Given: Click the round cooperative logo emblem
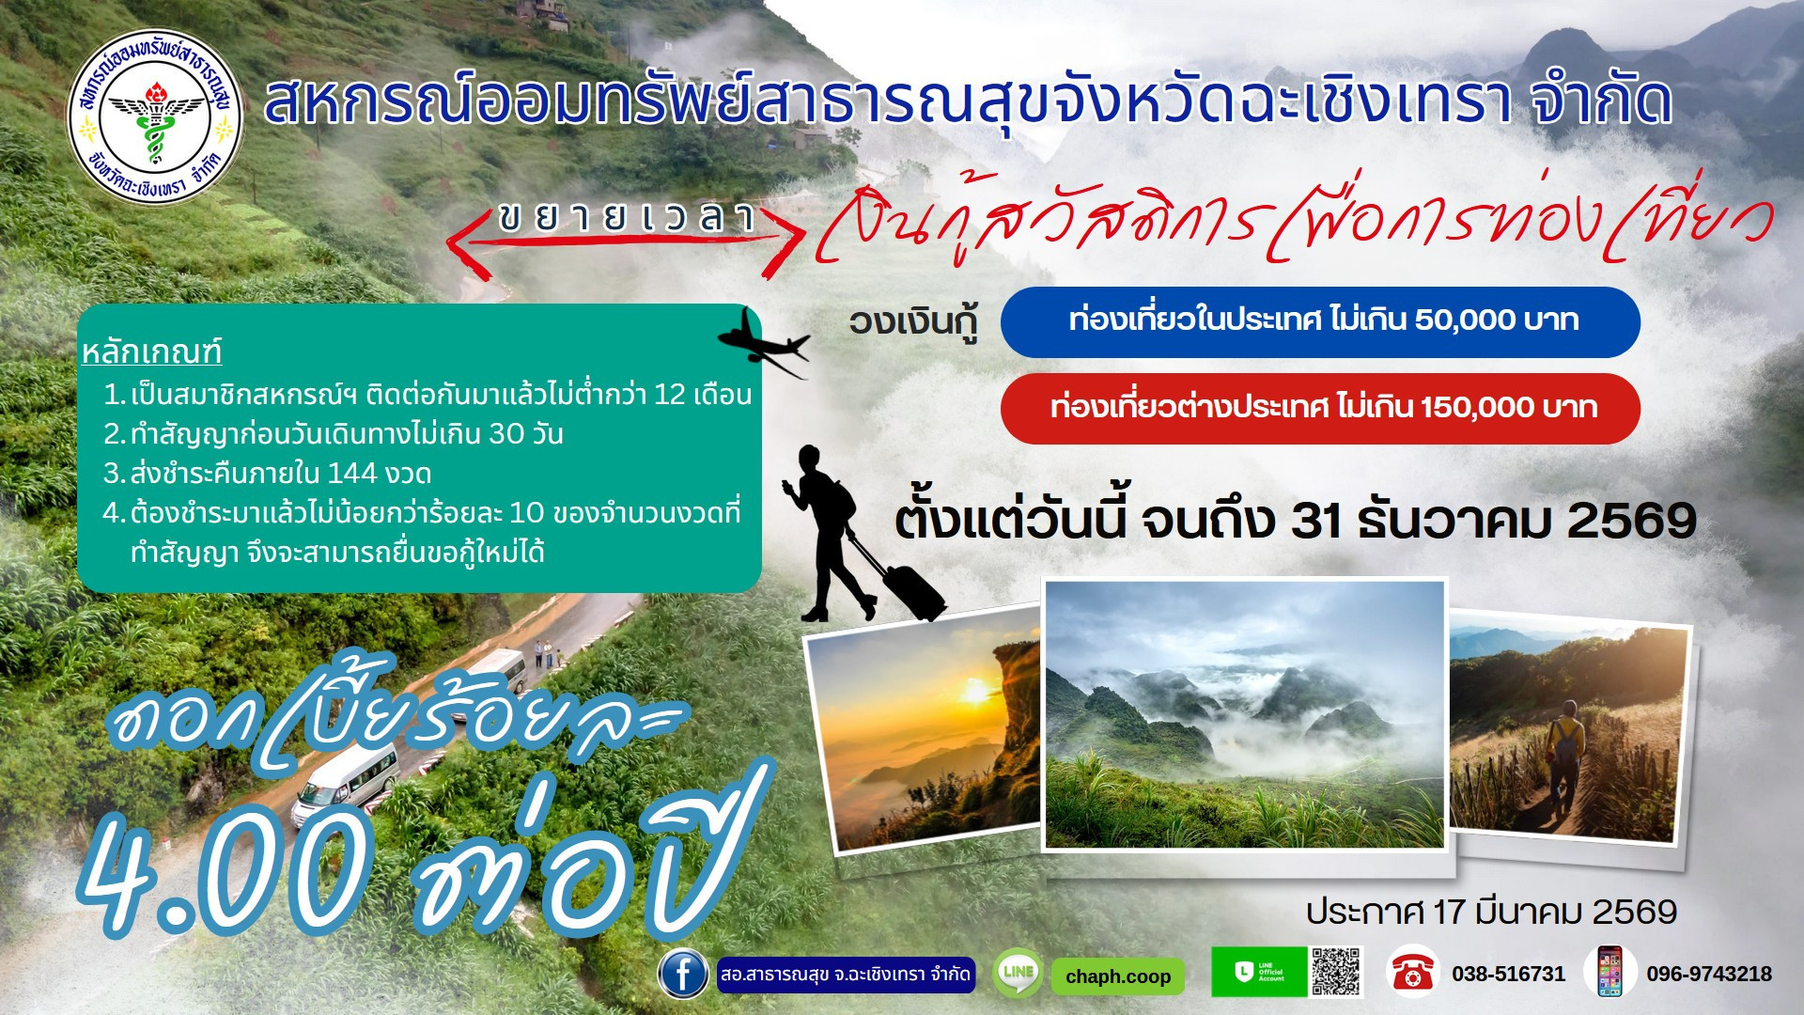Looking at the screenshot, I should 155,117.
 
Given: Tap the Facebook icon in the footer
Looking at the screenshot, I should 683,974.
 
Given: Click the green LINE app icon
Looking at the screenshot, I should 1018,974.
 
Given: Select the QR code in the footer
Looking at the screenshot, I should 1335,972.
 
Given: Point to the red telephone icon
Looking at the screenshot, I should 1411,973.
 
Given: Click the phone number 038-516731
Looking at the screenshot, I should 1508,975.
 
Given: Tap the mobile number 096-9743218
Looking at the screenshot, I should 1708,975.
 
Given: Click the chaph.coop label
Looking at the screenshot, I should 1117,976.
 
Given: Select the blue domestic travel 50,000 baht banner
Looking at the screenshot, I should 1320,321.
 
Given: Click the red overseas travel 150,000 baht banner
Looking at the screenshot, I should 1320,408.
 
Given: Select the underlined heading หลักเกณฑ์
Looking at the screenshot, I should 151,352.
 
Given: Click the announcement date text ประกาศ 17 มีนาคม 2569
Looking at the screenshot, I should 1491,912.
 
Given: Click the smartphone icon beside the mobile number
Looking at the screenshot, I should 1610,972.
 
